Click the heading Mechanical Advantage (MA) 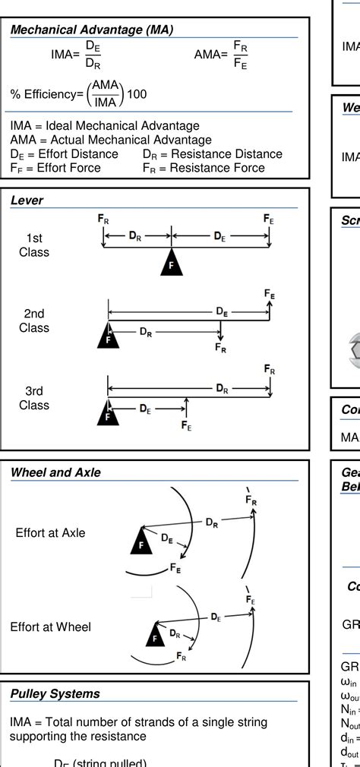pos(92,30)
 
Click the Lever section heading pos(27,200)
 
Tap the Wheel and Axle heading pos(55,472)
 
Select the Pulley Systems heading pos(55,693)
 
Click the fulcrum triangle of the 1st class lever pos(171,263)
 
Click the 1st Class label pos(34,245)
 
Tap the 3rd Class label pos(34,398)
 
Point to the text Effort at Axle pos(50,533)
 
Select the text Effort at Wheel pos(50,627)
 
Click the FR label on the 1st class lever pos(103,219)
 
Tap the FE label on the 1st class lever pos(269,219)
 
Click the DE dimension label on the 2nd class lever pos(222,311)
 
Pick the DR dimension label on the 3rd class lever pos(222,389)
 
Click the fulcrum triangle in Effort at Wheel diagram pos(154,637)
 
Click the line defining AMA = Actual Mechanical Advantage pos(111,140)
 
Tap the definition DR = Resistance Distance pos(212,154)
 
